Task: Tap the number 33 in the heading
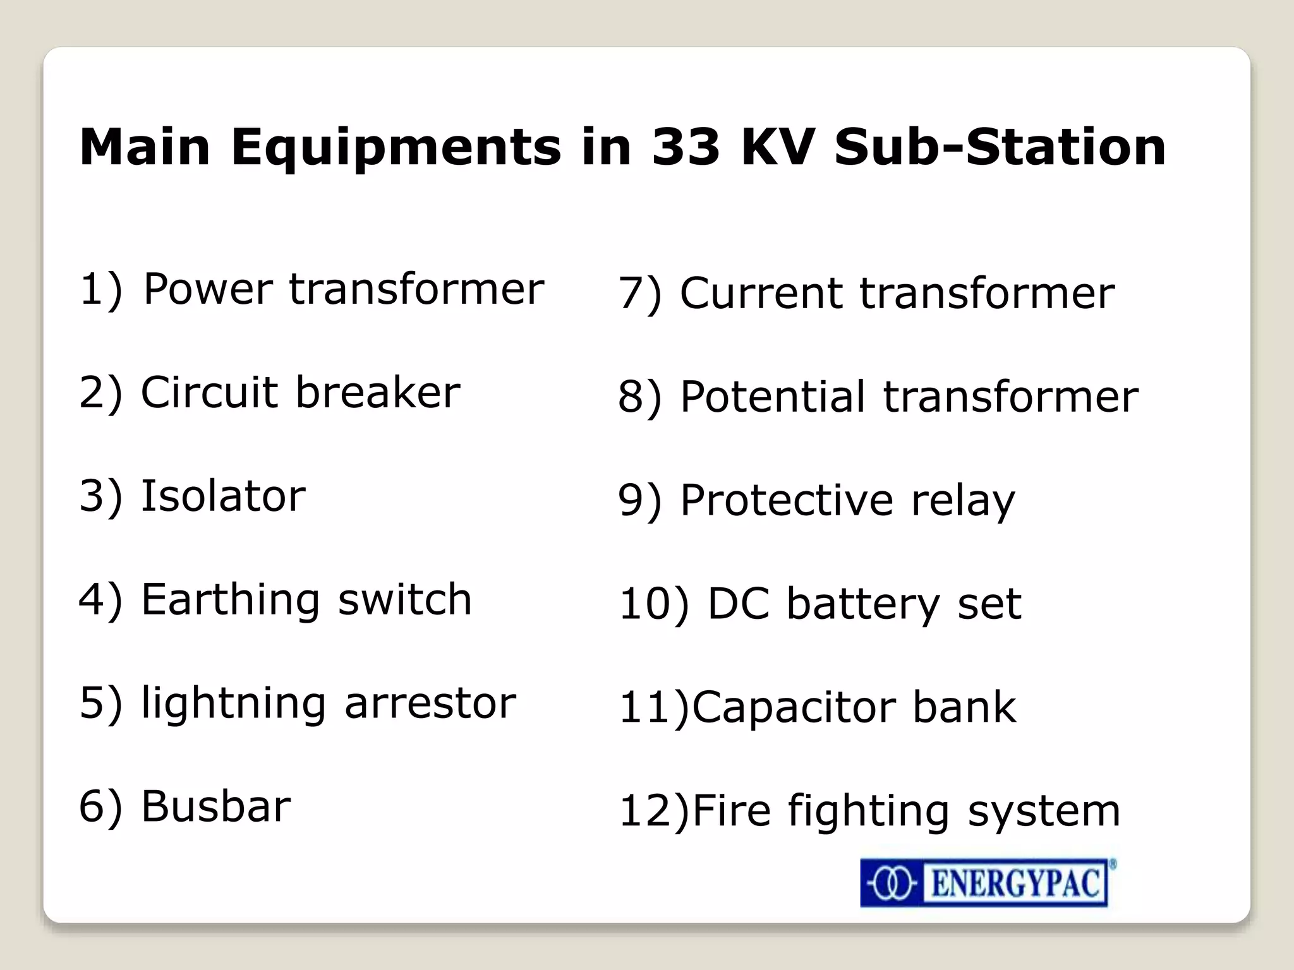686,147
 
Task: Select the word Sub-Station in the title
1000,147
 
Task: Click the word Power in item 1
208,289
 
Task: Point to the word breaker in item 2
378,392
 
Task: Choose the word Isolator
223,496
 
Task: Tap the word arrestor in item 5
430,703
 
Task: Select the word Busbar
216,806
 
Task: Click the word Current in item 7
761,294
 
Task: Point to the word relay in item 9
963,501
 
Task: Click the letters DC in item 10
738,604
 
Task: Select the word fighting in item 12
869,811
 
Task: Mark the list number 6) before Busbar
100,807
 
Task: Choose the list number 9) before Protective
639,501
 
